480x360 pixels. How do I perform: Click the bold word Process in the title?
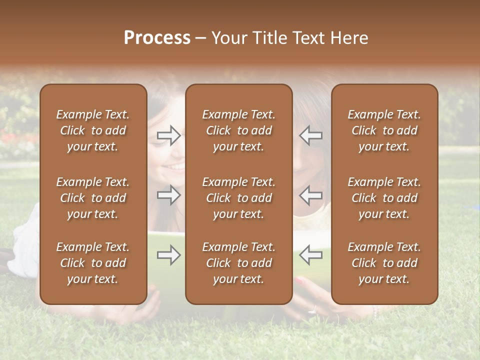coord(157,38)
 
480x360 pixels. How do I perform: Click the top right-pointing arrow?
coord(168,135)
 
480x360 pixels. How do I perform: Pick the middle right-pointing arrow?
coord(168,195)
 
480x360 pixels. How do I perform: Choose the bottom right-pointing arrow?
coord(168,255)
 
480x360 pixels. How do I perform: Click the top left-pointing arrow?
coord(311,135)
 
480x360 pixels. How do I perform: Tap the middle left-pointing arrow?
coord(311,195)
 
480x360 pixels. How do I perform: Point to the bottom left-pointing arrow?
coord(311,255)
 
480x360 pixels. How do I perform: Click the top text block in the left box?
coord(93,130)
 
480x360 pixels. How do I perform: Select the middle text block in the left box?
coord(93,198)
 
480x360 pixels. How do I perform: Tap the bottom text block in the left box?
coord(93,263)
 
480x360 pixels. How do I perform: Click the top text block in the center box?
coord(238,130)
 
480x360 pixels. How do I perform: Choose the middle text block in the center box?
coord(238,198)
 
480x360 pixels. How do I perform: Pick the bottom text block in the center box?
coord(238,263)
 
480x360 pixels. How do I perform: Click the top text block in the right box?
coord(384,130)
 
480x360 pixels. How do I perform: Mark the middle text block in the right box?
coord(384,198)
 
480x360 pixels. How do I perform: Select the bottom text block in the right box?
coord(384,263)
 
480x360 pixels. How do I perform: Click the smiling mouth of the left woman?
coord(174,166)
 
